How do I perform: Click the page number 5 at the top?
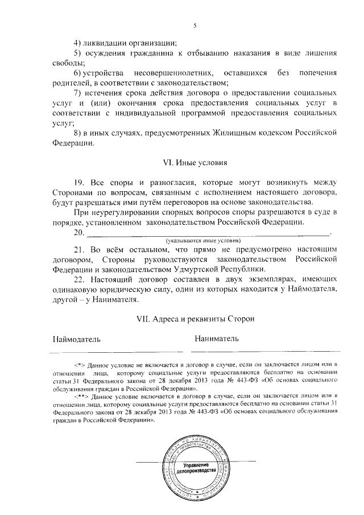pyautogui.click(x=194, y=26)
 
